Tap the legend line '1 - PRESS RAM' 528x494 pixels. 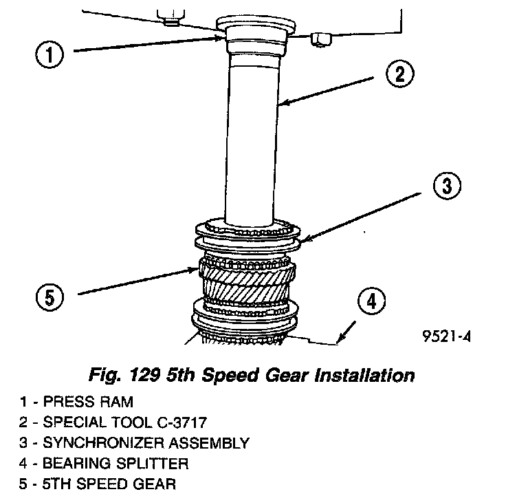[76, 402]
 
